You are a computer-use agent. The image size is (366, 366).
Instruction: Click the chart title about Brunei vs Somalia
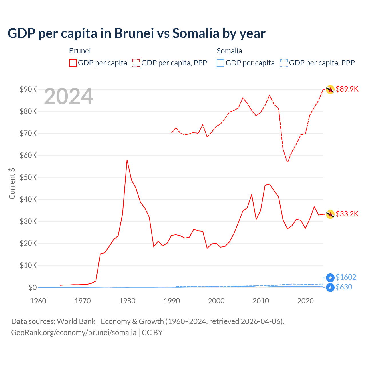[136, 33]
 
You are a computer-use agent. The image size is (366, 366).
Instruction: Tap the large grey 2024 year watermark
[68, 97]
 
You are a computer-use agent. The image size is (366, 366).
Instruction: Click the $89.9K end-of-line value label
[347, 89]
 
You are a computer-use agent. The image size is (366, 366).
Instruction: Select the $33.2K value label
[347, 214]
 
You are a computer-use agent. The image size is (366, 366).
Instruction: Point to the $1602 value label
[346, 277]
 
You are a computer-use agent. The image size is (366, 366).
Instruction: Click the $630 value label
[344, 287]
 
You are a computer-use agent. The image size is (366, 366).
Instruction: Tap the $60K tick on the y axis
[28, 155]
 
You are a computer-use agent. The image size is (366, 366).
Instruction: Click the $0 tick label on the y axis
[32, 287]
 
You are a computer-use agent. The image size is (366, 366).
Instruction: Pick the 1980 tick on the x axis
[127, 301]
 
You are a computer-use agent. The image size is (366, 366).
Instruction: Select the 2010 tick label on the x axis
[261, 301]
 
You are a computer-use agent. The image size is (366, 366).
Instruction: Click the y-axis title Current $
[12, 183]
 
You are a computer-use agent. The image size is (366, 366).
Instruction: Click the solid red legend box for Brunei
[73, 63]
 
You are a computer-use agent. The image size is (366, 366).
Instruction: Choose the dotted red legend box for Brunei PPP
[136, 63]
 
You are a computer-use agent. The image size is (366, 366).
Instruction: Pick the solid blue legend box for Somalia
[220, 63]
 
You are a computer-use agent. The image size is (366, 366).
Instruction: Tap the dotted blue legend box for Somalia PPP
[284, 63]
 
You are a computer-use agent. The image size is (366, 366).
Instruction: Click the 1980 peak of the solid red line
[127, 160]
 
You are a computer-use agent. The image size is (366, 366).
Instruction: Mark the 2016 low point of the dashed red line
[287, 162]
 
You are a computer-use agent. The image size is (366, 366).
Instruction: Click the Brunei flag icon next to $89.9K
[330, 89]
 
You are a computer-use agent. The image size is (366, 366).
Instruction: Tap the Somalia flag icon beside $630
[330, 287]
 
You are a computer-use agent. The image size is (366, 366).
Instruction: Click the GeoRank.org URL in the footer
[74, 333]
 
